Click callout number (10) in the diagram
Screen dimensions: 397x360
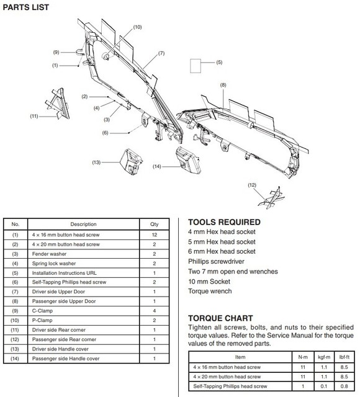pos(137,27)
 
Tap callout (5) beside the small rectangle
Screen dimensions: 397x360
pos(219,63)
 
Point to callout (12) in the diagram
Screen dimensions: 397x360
pos(251,185)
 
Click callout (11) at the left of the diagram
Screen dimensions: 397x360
pos(34,115)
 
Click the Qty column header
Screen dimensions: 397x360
pos(155,225)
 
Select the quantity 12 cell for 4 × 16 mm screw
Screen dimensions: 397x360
pos(155,236)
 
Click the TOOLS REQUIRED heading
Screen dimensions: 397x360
pos(224,222)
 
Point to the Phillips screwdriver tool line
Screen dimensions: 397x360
pos(215,261)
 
